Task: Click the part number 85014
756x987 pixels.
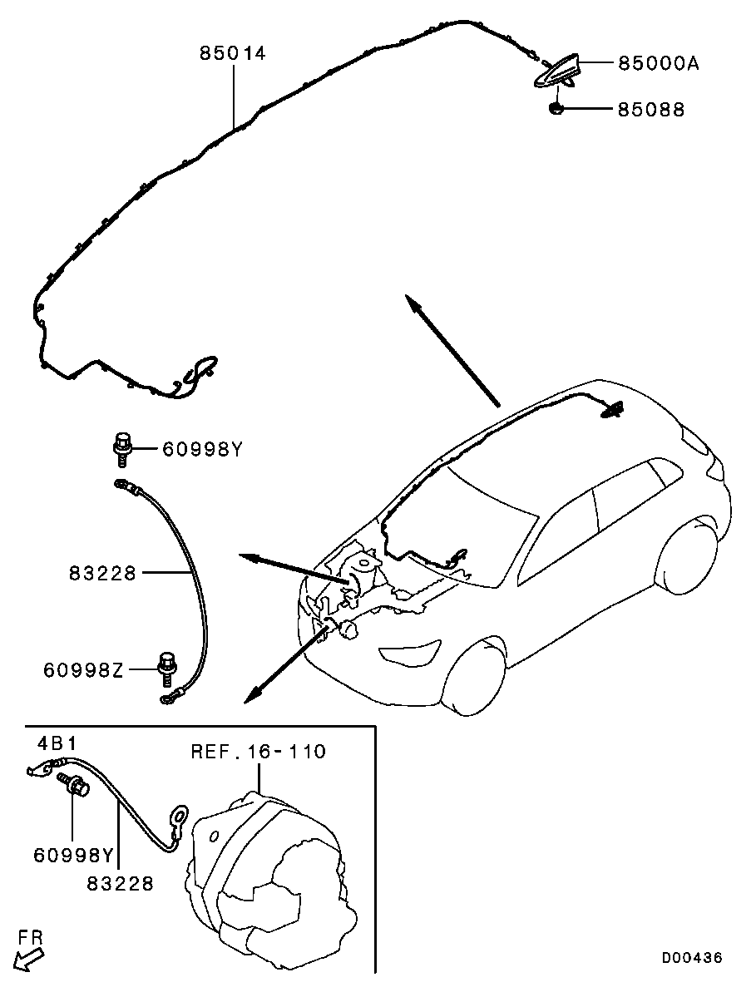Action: [x=233, y=53]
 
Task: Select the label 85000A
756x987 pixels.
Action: [x=659, y=63]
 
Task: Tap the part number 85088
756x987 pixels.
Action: [x=651, y=110]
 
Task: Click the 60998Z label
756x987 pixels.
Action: [x=84, y=669]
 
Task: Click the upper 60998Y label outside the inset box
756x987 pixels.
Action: [x=202, y=450]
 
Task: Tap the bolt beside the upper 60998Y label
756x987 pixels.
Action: [x=122, y=448]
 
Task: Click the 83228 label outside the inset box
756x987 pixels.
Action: [x=102, y=573]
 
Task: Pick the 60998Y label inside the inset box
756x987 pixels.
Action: [x=74, y=856]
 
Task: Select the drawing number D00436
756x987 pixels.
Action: [x=691, y=958]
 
